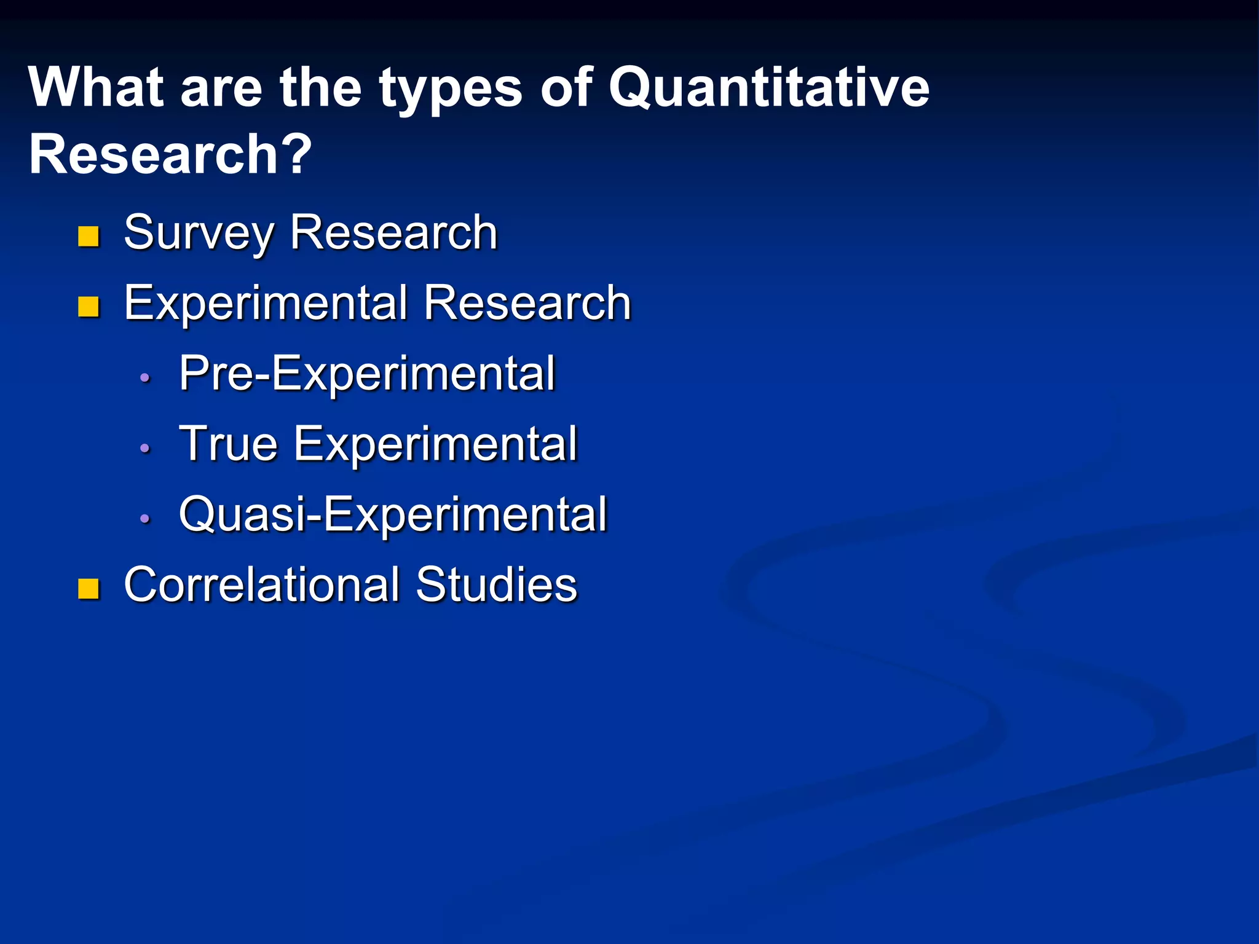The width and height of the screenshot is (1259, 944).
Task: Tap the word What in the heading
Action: (x=96, y=88)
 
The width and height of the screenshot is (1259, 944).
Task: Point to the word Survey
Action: (x=199, y=234)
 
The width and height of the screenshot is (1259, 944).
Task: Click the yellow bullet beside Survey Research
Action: (x=89, y=236)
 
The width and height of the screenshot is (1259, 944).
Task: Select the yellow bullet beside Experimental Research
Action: (x=89, y=307)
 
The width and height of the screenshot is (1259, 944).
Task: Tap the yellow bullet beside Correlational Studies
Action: (x=89, y=588)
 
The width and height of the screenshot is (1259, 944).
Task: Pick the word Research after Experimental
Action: (x=527, y=303)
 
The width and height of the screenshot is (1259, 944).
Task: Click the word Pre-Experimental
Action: (x=367, y=374)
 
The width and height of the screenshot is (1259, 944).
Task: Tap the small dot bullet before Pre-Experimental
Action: (x=145, y=378)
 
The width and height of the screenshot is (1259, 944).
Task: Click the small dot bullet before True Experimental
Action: (x=145, y=449)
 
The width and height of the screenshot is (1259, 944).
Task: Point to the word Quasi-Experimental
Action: (x=393, y=514)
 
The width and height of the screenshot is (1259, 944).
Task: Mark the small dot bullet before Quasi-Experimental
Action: (x=145, y=519)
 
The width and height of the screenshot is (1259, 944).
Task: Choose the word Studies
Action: (x=496, y=584)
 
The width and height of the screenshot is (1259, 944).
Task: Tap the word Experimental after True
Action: (x=435, y=444)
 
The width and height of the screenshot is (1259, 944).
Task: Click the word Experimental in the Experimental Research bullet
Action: (x=266, y=304)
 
